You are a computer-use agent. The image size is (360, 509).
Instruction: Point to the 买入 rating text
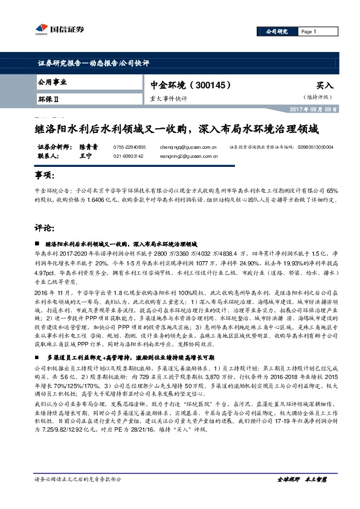coord(325,86)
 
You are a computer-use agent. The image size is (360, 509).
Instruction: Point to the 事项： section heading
coord(46,175)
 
